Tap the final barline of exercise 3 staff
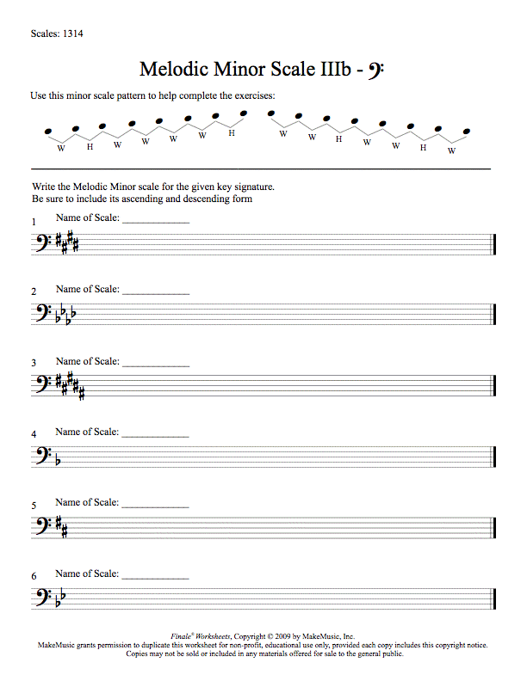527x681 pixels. (494, 386)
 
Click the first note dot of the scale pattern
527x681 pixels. (47, 132)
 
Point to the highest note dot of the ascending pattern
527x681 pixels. (244, 113)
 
